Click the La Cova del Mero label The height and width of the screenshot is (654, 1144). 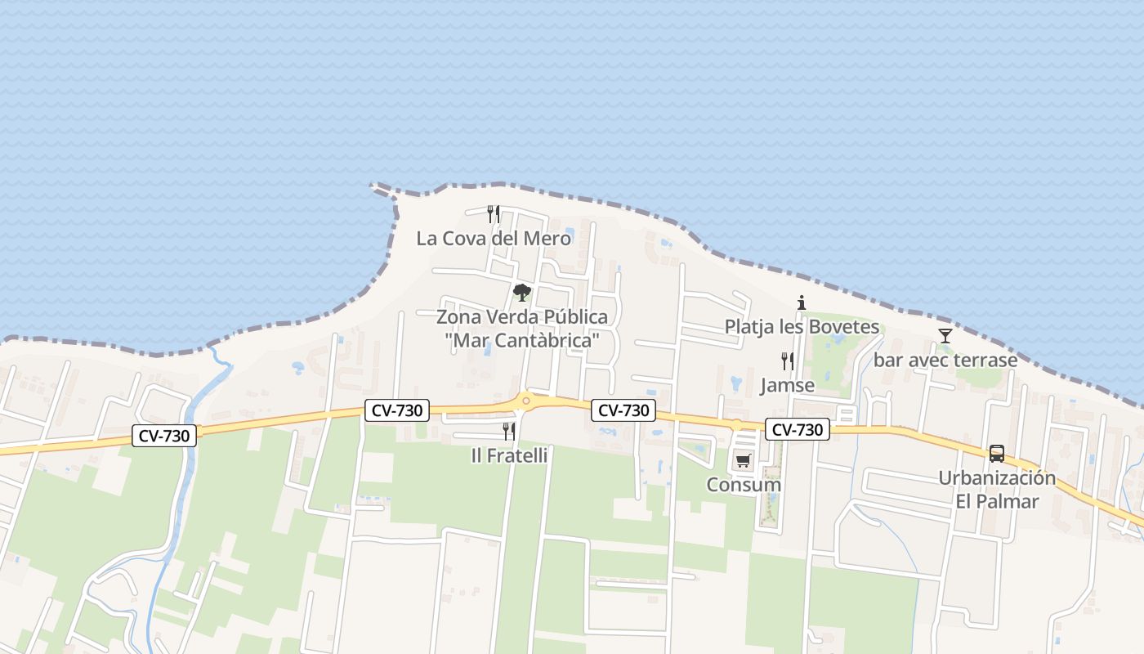click(494, 239)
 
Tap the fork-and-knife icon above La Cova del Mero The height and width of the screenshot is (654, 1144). click(494, 214)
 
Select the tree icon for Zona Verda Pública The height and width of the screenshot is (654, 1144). click(521, 292)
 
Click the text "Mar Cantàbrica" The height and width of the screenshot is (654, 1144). click(523, 340)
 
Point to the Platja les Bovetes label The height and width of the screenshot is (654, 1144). click(802, 327)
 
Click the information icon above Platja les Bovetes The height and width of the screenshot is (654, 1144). click(802, 302)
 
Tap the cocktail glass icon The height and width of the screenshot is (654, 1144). click(945, 335)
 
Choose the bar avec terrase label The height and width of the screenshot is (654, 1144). click(945, 360)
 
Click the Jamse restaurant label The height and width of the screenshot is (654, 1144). click(787, 385)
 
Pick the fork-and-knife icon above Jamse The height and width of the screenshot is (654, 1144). click(787, 361)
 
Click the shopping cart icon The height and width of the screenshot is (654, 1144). click(743, 460)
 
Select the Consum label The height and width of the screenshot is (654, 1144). click(744, 485)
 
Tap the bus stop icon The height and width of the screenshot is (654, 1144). click(997, 454)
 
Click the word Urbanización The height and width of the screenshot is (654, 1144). click(997, 478)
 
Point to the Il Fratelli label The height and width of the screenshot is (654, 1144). click(509, 455)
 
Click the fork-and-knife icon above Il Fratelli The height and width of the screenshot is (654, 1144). click(509, 431)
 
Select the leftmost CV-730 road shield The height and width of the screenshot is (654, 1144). click(164, 436)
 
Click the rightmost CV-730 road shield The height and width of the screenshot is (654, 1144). click(798, 429)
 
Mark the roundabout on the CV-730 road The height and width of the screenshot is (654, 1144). click(526, 400)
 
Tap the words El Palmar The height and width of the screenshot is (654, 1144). click(997, 501)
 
